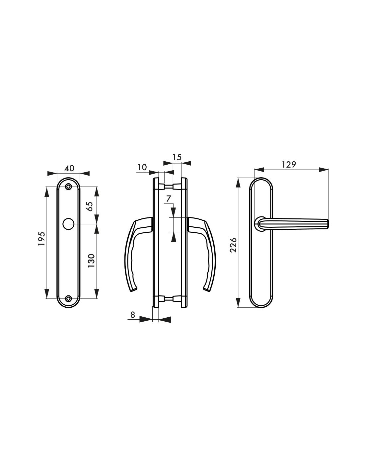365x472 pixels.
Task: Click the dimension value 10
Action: coord(142,167)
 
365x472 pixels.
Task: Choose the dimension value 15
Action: coord(177,157)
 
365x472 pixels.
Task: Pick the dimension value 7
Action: coord(168,199)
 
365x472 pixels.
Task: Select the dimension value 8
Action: coord(133,315)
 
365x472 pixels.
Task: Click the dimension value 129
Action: coord(288,164)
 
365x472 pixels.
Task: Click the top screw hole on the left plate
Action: coord(68,187)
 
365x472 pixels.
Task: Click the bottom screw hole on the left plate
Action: coord(68,298)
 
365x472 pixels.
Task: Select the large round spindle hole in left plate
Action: coord(68,224)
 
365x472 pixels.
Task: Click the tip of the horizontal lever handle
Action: coord(327,224)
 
